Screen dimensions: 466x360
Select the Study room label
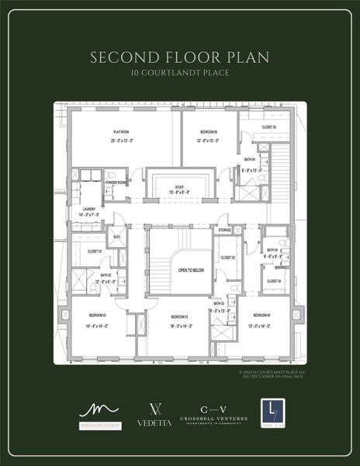[178, 186]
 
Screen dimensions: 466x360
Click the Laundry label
[88, 210]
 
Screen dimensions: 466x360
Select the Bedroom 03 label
[180, 315]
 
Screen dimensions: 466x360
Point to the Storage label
[224, 230]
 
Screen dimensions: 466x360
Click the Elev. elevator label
[116, 236]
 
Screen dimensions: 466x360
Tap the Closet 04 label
[274, 280]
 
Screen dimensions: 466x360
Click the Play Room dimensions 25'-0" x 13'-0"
[121, 141]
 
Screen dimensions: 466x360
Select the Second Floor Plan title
[180, 57]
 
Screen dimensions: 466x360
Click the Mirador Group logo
[99, 416]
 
